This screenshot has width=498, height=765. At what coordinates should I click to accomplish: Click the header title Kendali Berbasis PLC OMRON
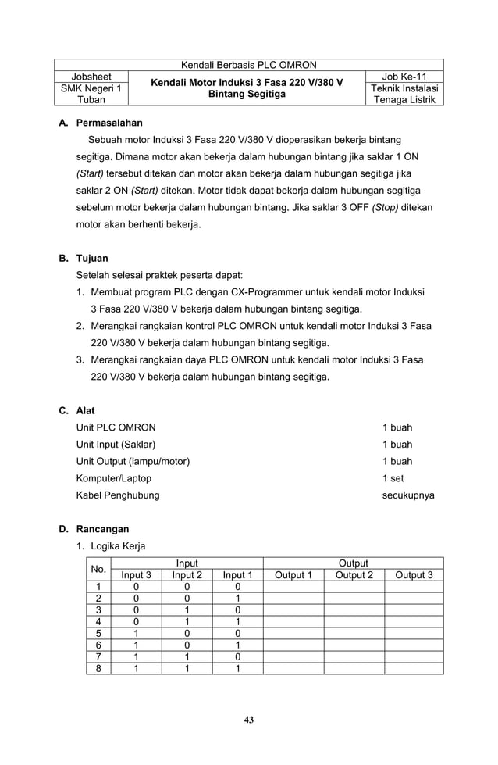[x=248, y=65]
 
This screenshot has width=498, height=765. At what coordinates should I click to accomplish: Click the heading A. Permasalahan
[x=101, y=123]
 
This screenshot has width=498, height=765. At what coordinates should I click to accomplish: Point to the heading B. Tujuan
[x=84, y=258]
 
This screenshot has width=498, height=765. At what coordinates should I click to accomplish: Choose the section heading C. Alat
[x=77, y=410]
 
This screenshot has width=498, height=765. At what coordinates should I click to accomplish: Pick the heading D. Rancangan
[x=94, y=529]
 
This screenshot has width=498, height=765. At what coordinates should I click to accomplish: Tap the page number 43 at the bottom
[x=248, y=720]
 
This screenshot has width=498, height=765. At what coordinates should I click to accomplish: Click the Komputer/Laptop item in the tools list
[x=114, y=478]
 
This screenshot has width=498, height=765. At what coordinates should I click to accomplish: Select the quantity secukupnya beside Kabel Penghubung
[x=408, y=495]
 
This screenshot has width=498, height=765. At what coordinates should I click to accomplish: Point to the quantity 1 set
[x=393, y=478]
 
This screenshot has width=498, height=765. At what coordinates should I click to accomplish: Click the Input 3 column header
[x=137, y=576]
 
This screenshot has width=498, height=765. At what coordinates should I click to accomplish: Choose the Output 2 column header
[x=354, y=576]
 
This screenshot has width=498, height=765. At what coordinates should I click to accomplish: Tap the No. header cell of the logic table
[x=98, y=570]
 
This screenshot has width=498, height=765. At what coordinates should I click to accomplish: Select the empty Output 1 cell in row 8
[x=293, y=668]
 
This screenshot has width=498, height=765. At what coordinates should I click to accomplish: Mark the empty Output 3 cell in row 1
[x=414, y=588]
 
